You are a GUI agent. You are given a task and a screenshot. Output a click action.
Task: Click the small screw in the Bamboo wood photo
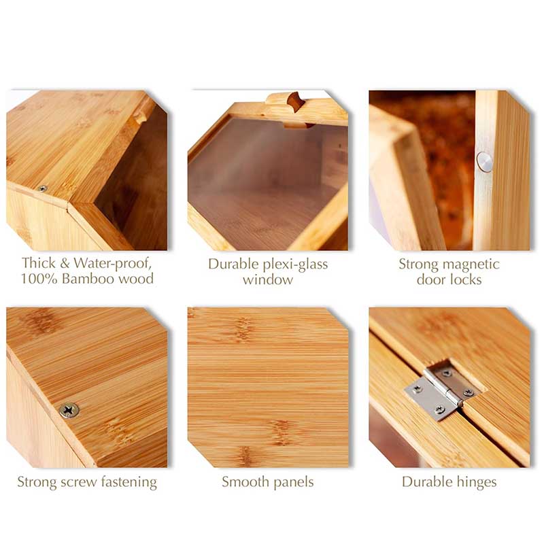point(43,188)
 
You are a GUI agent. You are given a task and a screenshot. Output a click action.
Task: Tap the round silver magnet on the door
point(484,162)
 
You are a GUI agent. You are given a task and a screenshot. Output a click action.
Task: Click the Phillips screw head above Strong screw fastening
point(69,411)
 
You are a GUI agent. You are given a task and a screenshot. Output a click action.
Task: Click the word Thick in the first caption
point(39,263)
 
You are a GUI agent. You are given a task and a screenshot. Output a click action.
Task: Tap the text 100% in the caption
point(39,279)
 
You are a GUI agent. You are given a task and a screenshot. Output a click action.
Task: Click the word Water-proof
point(113,264)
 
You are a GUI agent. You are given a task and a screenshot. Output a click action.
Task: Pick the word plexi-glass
point(295,265)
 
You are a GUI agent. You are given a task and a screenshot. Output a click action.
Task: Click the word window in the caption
point(268,279)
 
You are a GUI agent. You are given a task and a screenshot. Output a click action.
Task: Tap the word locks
point(466,279)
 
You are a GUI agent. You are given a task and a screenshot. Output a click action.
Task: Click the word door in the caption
point(432,279)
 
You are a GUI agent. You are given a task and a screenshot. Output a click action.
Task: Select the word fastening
point(129,483)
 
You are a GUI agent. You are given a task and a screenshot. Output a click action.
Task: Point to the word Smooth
point(245,482)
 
